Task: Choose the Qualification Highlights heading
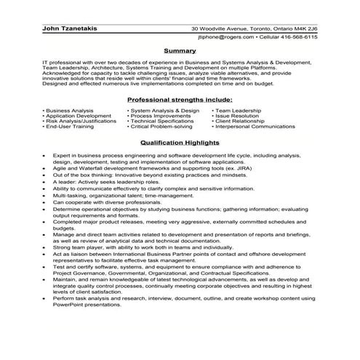[180, 143]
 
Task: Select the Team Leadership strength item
[241, 111]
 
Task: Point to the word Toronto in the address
[252, 27]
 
